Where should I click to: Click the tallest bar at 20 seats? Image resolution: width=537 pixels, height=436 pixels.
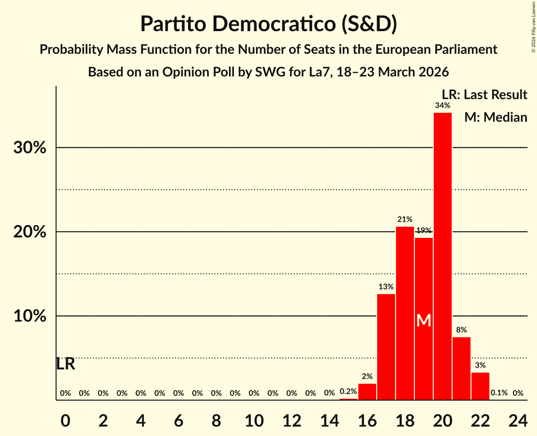point(442,256)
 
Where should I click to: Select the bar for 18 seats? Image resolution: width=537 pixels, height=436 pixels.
point(405,313)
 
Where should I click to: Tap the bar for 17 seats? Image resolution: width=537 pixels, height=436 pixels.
point(386,347)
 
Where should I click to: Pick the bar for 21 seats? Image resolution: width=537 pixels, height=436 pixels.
point(461,369)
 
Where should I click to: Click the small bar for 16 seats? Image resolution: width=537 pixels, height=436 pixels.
point(367,392)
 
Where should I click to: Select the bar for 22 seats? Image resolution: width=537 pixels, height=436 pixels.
point(480,386)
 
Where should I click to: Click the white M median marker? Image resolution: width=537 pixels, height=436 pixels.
point(424,320)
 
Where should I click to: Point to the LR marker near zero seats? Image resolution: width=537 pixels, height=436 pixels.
point(66,364)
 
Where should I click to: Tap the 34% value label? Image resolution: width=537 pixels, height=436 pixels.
point(442,106)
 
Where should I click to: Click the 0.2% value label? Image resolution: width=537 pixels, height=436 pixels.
point(348,391)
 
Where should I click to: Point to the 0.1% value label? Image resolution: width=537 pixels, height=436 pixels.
point(499,393)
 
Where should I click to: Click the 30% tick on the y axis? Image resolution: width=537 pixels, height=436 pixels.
point(30,148)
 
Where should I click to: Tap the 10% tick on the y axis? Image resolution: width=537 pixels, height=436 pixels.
point(30,316)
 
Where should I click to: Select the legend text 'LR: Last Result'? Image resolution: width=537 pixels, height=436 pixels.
point(484,95)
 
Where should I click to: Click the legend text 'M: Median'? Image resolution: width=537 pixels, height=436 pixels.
point(496,117)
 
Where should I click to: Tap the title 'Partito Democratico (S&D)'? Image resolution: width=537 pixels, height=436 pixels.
point(268,24)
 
